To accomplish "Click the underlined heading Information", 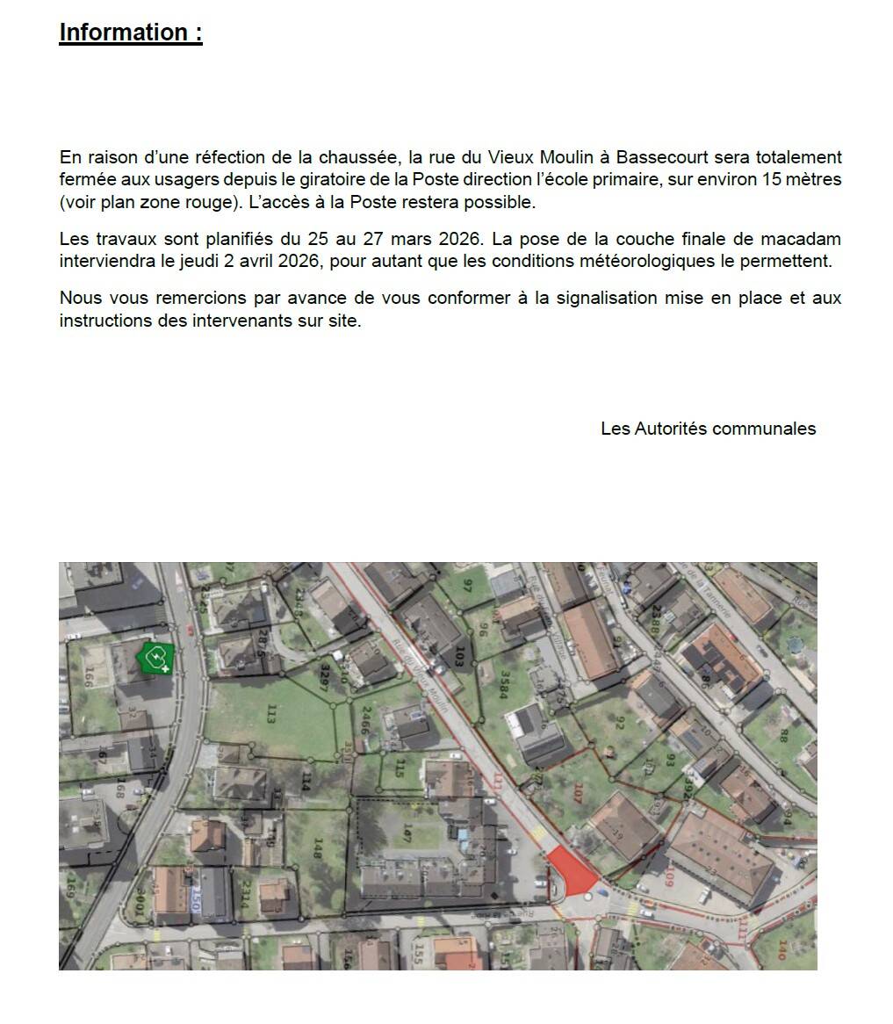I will (x=131, y=32).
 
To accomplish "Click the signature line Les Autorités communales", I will (x=708, y=429).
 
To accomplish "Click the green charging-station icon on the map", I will (x=155, y=657).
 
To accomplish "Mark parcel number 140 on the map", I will (x=783, y=949).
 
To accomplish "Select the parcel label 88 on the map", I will (x=784, y=734).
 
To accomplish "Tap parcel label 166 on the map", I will (x=88, y=677).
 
